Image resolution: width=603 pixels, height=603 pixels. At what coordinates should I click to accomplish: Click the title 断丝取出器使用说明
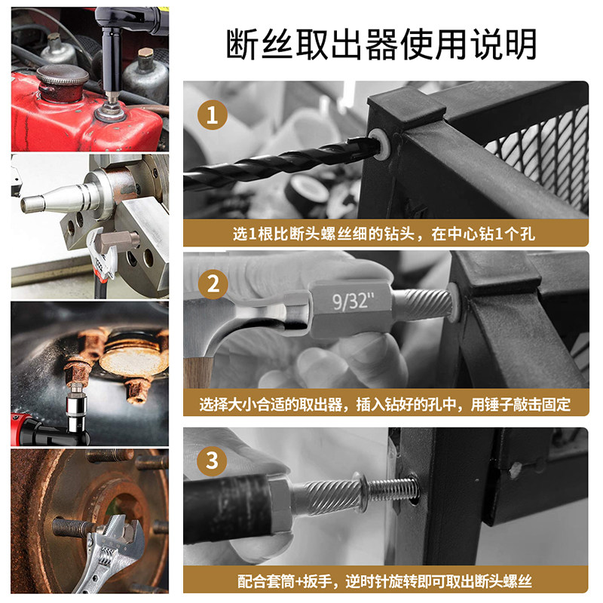pyautogui.click(x=381, y=44)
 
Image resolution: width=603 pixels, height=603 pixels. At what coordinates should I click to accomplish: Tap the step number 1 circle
pyautogui.click(x=213, y=115)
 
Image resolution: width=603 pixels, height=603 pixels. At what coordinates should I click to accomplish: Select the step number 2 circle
pyautogui.click(x=213, y=284)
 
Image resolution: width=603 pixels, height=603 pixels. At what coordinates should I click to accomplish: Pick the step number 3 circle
pyautogui.click(x=212, y=461)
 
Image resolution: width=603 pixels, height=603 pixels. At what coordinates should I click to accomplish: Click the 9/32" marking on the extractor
pyautogui.click(x=353, y=301)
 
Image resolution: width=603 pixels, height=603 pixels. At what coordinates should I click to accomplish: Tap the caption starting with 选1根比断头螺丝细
pyautogui.click(x=384, y=234)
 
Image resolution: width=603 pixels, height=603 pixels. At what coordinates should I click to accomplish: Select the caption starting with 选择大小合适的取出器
pyautogui.click(x=384, y=404)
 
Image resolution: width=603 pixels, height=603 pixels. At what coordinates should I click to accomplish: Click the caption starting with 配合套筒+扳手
pyautogui.click(x=384, y=581)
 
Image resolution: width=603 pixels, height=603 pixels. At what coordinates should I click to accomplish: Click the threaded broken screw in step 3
pyautogui.click(x=391, y=488)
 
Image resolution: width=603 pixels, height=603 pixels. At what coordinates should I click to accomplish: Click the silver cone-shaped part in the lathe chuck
pyautogui.click(x=62, y=197)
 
